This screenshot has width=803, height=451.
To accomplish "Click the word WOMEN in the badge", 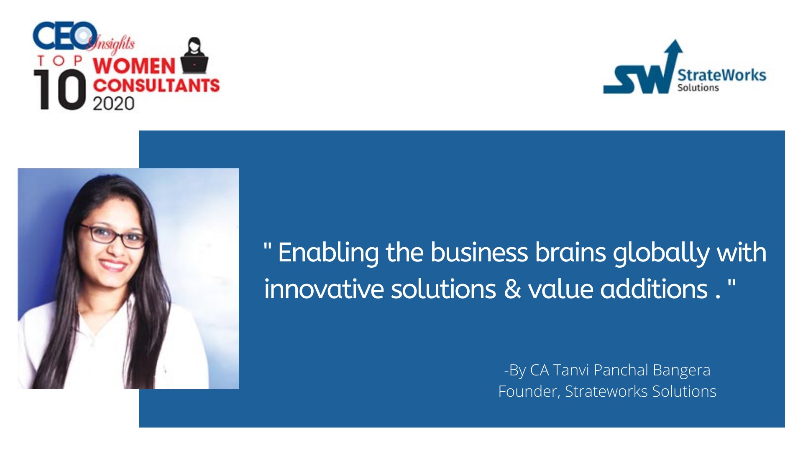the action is click(x=134, y=66).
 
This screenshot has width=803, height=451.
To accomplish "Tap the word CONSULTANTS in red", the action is click(x=156, y=86).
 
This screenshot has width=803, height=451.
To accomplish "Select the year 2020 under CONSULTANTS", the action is click(x=113, y=104).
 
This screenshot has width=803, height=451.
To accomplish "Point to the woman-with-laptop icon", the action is click(x=194, y=56).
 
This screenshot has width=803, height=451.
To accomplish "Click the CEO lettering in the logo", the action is click(x=65, y=35).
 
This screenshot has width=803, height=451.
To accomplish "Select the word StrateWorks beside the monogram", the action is click(x=721, y=75).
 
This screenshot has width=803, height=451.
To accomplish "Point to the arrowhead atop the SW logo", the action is click(x=674, y=47).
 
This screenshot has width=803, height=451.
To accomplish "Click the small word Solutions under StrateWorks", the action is click(x=698, y=88).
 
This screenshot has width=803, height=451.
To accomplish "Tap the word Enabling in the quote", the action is click(x=328, y=253).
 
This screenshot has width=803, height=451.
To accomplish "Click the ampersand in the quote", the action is click(x=512, y=289).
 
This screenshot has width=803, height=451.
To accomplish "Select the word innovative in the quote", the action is click(x=324, y=289).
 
